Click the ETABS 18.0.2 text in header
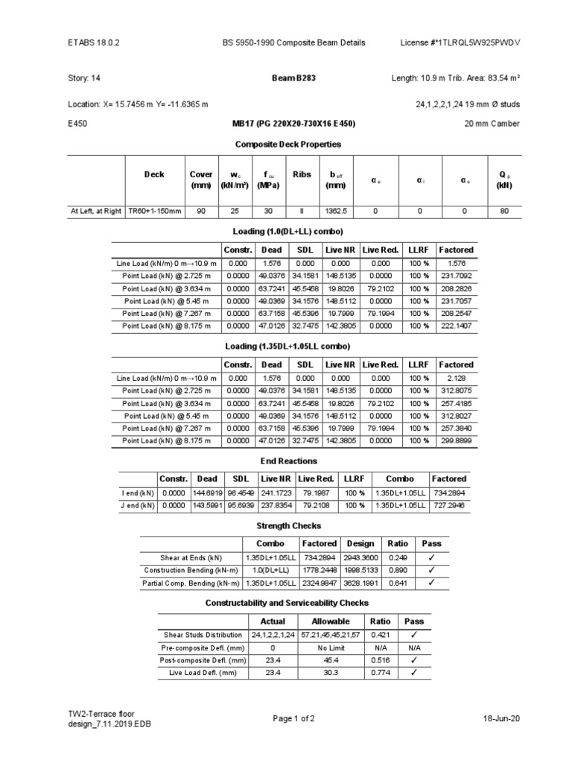(93, 43)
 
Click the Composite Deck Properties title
(287, 143)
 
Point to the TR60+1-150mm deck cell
(154, 211)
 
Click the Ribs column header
(302, 175)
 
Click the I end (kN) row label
(138, 493)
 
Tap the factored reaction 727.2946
(448, 505)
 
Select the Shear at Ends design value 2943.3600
(360, 557)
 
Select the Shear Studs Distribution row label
(200, 635)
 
